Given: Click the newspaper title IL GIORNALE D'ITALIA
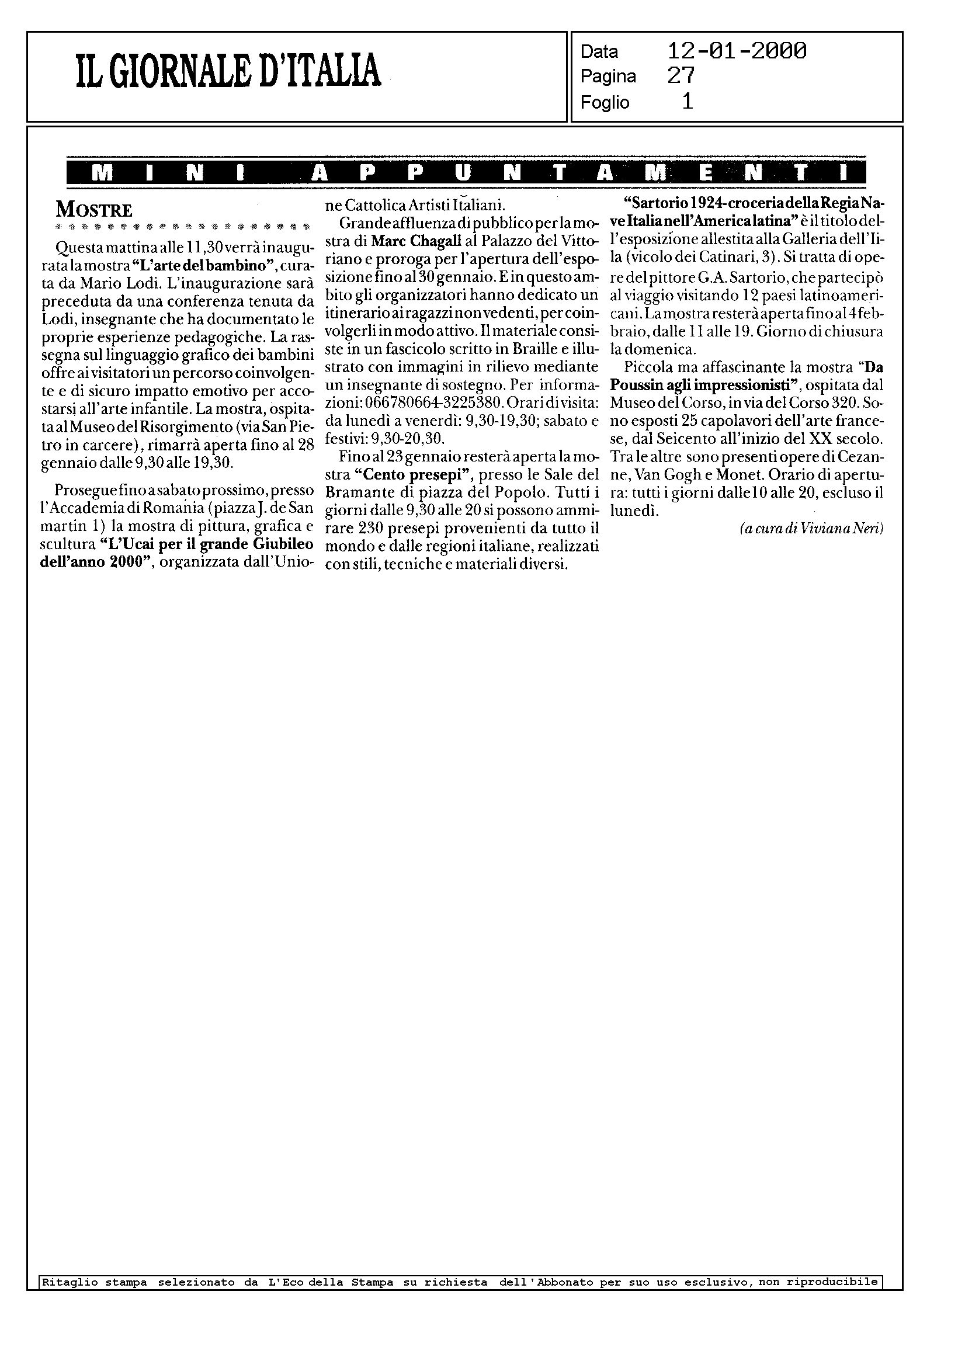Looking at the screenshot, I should (228, 71).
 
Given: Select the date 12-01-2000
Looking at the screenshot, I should (736, 51).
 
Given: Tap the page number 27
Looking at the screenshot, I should (681, 76).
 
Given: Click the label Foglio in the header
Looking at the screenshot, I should (605, 102).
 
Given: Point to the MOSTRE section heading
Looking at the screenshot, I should (94, 210).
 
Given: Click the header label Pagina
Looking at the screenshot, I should (608, 77).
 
